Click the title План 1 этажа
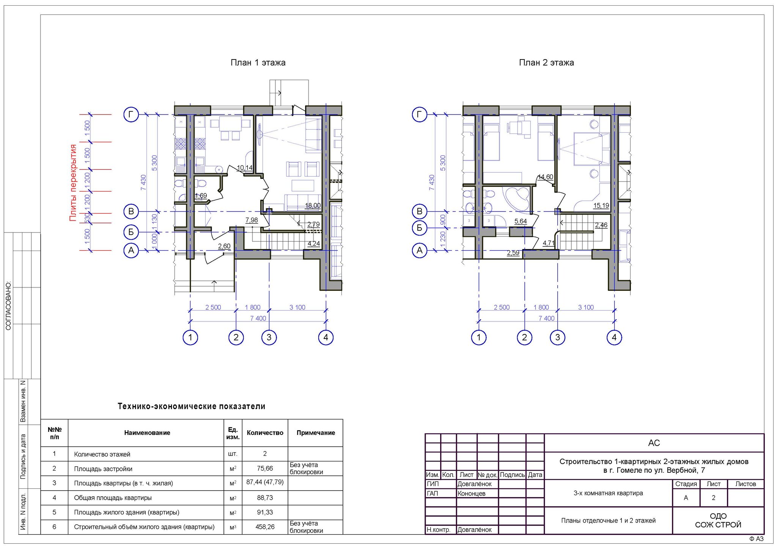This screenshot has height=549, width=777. (x=258, y=63)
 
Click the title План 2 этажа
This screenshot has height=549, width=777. (x=546, y=63)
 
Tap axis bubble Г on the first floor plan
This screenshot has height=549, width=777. (x=131, y=114)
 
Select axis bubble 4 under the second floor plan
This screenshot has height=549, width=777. (x=614, y=337)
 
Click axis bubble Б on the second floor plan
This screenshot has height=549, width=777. (x=420, y=228)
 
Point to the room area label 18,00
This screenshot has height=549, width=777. (x=313, y=206)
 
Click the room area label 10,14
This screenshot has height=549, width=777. (x=245, y=168)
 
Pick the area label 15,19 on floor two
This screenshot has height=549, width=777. (x=601, y=206)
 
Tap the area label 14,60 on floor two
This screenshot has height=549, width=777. (x=546, y=177)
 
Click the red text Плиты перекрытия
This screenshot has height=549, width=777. (x=73, y=182)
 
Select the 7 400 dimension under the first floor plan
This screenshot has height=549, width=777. (x=258, y=318)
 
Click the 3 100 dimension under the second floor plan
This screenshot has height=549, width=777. (x=586, y=307)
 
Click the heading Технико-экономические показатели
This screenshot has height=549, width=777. (x=192, y=406)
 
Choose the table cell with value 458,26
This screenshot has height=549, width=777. (x=265, y=527)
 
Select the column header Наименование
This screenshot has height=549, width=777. (x=147, y=433)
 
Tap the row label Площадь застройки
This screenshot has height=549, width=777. (x=103, y=469)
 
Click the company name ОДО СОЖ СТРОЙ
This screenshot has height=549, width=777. (x=718, y=521)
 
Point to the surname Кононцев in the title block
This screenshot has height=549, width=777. (x=472, y=494)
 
